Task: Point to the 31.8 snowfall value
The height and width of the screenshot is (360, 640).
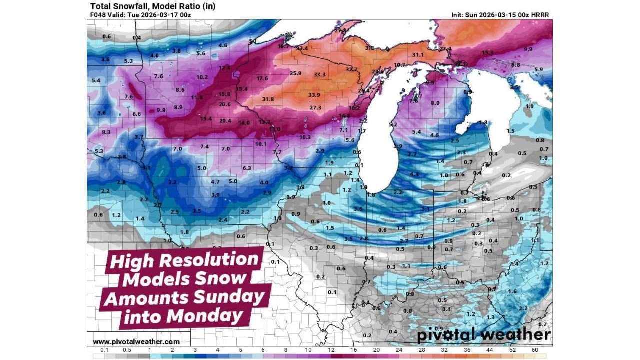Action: click(268, 99)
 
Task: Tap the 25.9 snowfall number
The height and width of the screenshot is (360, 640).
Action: click(295, 73)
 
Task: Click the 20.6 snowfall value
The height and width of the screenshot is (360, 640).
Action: click(225, 104)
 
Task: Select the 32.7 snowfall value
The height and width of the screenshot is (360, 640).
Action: click(352, 69)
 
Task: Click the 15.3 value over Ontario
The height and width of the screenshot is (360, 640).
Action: click(487, 52)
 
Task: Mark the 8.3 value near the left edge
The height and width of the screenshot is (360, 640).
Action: click(106, 132)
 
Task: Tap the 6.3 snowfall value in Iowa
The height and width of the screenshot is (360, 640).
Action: click(247, 168)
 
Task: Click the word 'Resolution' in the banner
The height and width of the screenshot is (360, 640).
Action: click(215, 260)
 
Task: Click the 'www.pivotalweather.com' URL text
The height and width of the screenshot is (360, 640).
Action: click(136, 342)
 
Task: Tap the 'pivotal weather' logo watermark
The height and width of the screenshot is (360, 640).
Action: click(483, 335)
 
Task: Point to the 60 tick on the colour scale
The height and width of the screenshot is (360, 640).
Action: click(535, 350)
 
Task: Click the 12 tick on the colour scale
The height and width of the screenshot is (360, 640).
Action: click(331, 350)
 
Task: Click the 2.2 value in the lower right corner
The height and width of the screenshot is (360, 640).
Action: click(523, 308)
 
